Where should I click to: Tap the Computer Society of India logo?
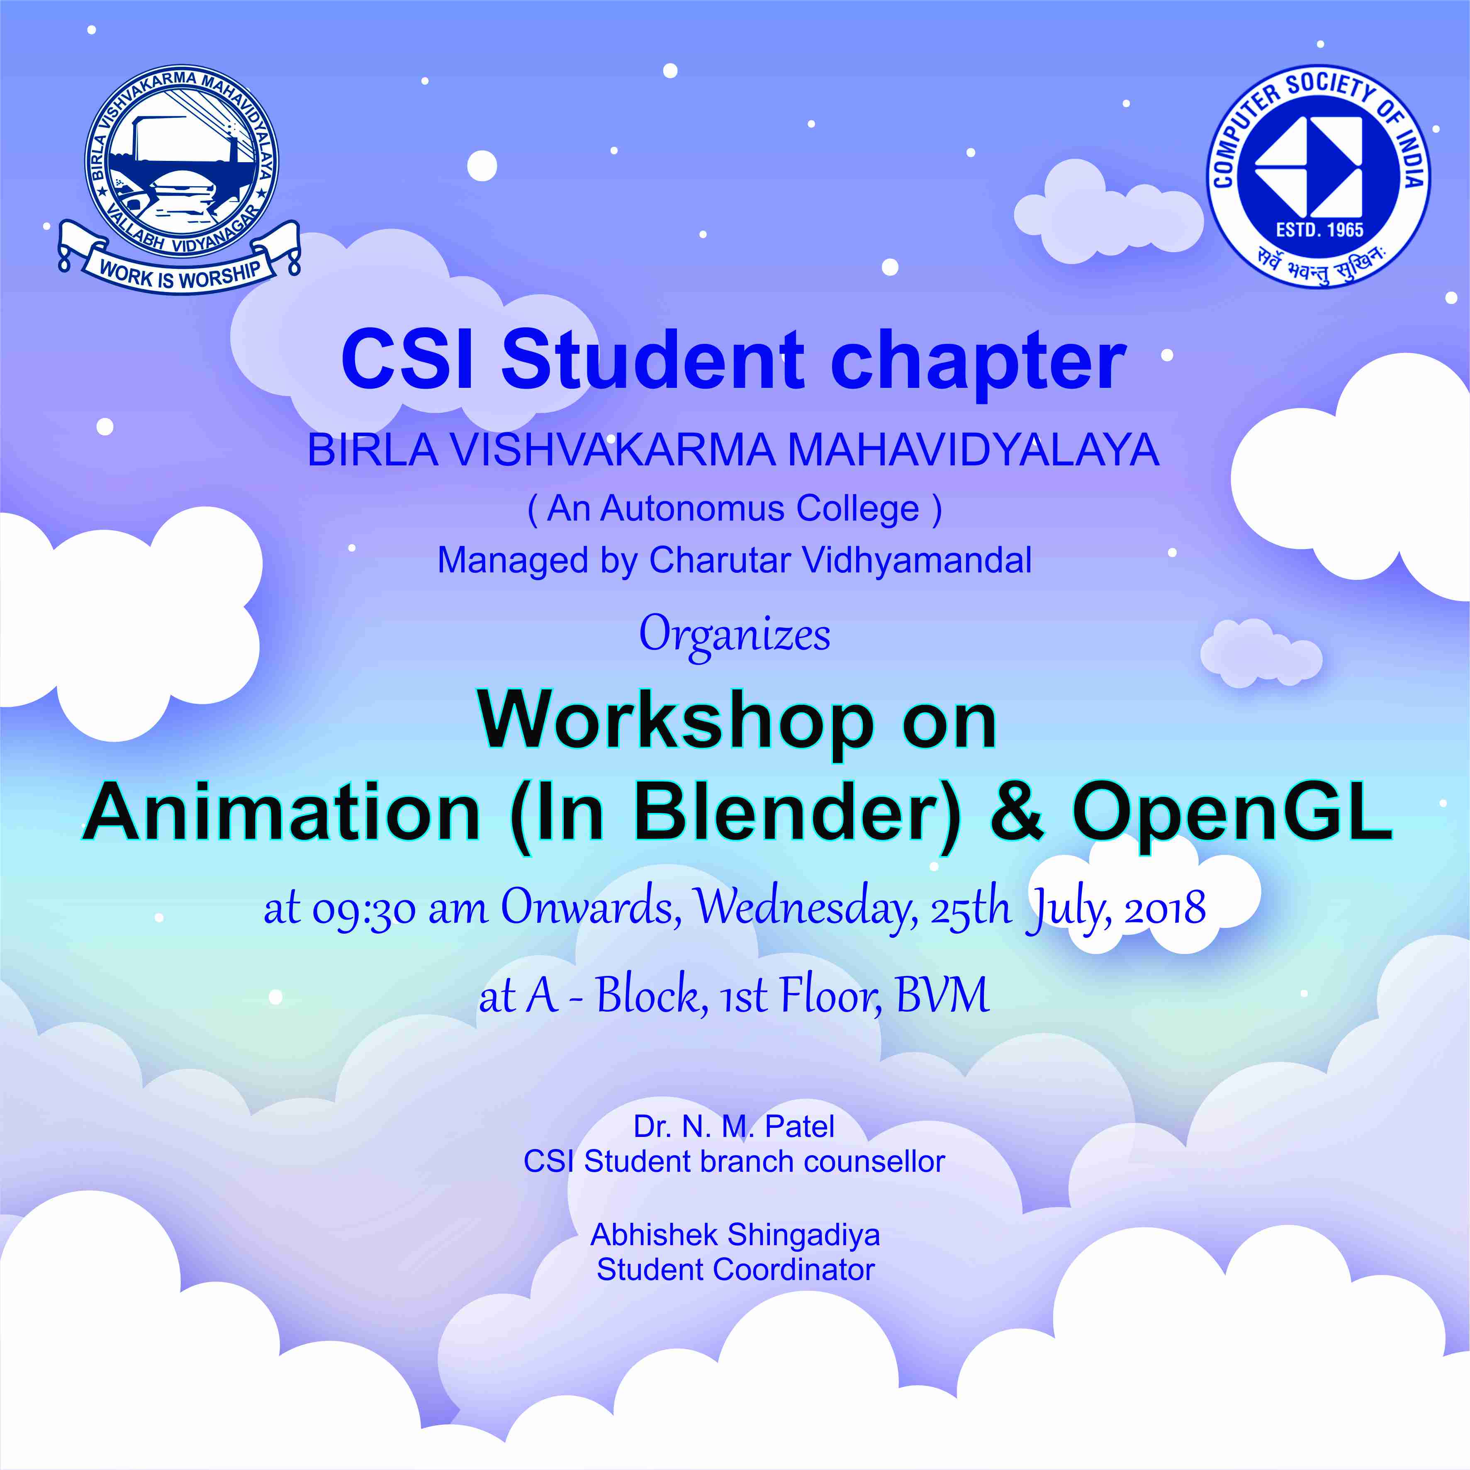tap(1319, 177)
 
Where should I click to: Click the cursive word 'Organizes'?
tap(734, 635)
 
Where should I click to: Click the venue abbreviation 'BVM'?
tap(943, 995)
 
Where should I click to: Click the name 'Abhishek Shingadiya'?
tap(735, 1235)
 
